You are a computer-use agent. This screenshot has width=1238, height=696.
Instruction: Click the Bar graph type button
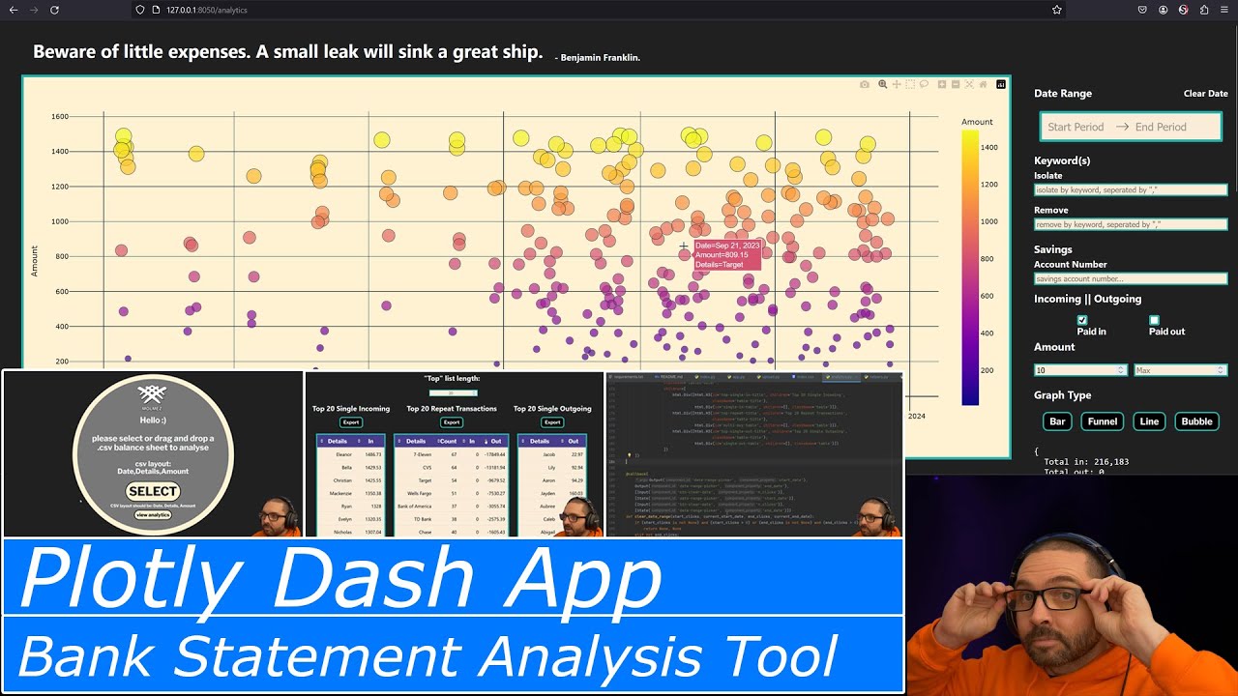click(1057, 421)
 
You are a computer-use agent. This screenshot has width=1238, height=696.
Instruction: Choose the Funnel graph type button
click(1103, 421)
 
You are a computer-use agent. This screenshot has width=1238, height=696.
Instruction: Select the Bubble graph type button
click(1196, 421)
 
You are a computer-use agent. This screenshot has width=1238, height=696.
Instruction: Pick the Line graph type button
click(1149, 421)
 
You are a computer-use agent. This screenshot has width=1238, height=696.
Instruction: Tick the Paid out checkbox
click(1154, 320)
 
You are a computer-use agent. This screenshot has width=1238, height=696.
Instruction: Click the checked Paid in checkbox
click(1082, 320)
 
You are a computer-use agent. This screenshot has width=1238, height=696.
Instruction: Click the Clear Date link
click(1205, 94)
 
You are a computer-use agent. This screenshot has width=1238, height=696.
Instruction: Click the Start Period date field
click(1075, 127)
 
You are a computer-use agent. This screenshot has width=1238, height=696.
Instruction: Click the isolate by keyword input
click(1130, 190)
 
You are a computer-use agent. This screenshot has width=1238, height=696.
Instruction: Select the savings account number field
click(1130, 279)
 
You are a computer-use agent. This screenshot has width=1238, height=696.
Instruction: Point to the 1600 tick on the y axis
click(59, 117)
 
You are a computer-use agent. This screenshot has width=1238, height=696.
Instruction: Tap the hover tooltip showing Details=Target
click(725, 255)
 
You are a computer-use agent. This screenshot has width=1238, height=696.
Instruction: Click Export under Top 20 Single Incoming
click(350, 422)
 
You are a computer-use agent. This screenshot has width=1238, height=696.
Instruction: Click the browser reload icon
click(54, 10)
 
